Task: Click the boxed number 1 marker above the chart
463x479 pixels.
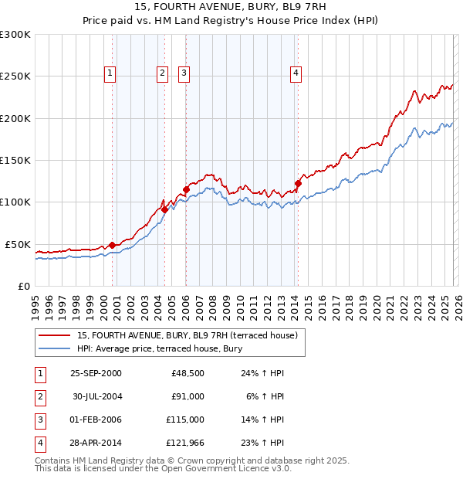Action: coord(110,73)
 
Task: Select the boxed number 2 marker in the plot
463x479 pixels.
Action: coord(163,73)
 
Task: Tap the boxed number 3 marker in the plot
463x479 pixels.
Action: coord(184,73)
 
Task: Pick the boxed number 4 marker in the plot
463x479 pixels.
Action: coord(296,73)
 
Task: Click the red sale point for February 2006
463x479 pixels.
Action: coord(186,189)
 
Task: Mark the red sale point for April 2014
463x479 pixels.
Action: coord(298,184)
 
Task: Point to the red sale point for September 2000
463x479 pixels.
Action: coord(113,245)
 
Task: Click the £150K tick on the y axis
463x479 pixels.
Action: coord(15,160)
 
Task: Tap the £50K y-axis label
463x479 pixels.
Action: coord(18,244)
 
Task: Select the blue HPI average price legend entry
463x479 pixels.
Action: coord(160,349)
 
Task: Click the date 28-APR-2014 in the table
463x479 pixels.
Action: coord(96,443)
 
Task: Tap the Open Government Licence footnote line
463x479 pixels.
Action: coord(164,469)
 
